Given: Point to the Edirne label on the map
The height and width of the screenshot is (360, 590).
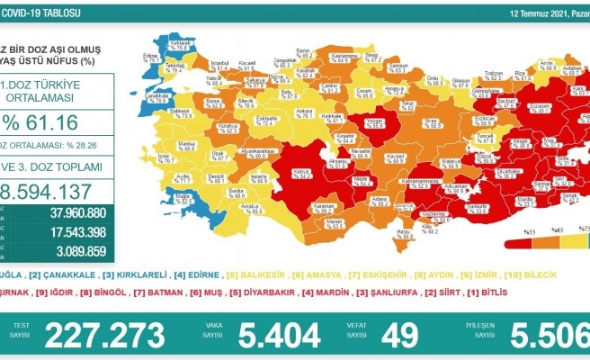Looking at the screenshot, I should [150, 56].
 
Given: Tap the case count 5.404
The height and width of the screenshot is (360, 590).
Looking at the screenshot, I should [280, 335].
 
